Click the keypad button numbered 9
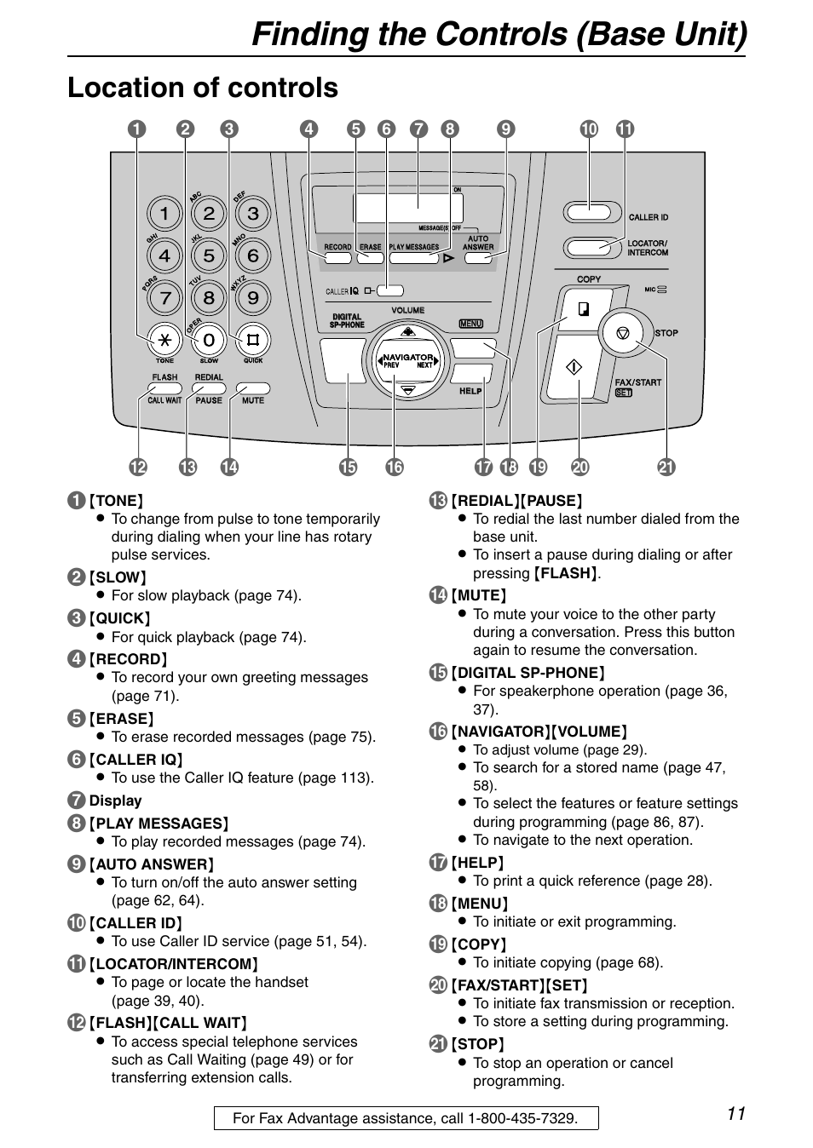tap(252, 298)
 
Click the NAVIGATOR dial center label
tap(407, 360)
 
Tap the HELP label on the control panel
tap(470, 391)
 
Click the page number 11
tap(736, 1114)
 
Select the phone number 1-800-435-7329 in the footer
tap(522, 1118)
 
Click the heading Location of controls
tap(203, 88)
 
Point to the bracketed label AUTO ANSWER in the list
tap(151, 864)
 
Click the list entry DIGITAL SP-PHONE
tap(528, 673)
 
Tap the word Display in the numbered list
tap(115, 801)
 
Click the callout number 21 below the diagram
tap(666, 467)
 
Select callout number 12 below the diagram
tap(137, 467)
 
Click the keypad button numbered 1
tap(164, 213)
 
